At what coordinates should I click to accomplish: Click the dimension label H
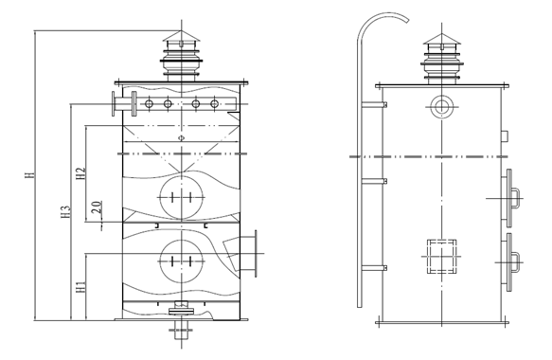(x=30, y=174)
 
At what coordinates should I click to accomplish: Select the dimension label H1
(x=81, y=287)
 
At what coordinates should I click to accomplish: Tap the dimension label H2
(x=81, y=173)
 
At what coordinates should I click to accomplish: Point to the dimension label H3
(x=66, y=211)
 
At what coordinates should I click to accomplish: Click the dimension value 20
(x=97, y=207)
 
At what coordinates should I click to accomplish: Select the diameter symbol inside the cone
(x=181, y=137)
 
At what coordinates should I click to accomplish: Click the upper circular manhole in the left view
(x=182, y=198)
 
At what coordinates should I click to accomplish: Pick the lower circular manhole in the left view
(x=182, y=261)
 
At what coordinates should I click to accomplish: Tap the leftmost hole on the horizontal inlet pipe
(x=149, y=104)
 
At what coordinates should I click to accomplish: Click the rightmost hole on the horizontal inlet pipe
(x=214, y=104)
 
